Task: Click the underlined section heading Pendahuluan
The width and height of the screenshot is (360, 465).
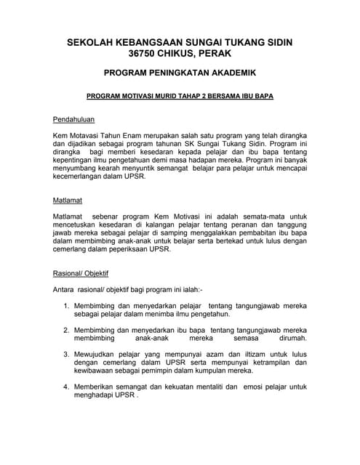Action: point(74,119)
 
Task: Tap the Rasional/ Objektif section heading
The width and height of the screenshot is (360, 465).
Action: point(81,274)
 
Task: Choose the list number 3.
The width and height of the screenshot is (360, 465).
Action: point(66,354)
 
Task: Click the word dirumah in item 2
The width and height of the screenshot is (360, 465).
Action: point(292,339)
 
